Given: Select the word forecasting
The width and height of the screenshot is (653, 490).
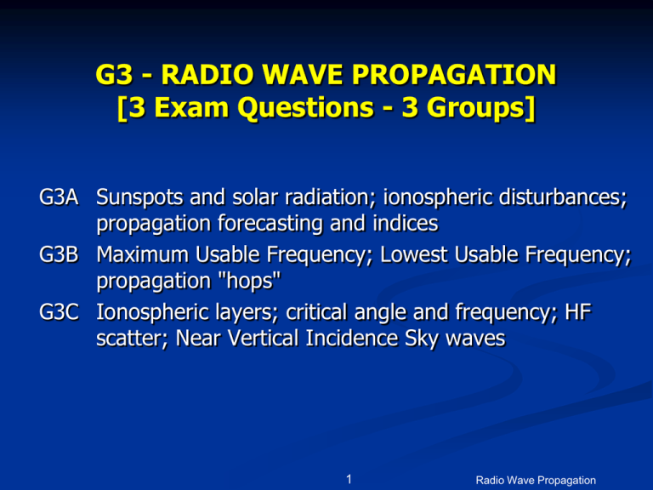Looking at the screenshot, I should point(249,224).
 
